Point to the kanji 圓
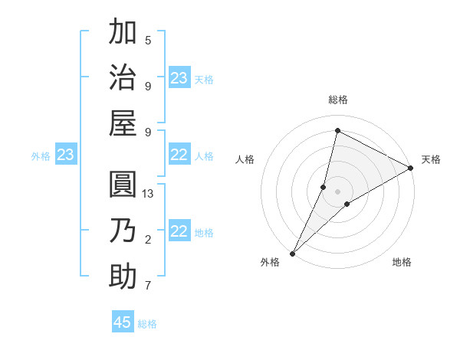123,186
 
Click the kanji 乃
123,231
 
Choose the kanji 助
123,276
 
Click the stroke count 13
148,194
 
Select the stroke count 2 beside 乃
148,240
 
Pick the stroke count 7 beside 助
148,286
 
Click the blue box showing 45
123,322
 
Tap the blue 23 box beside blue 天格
179,78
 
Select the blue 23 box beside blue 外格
65,155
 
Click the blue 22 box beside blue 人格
179,155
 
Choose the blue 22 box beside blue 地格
179,231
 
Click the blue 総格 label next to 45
147,324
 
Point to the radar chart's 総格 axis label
338,100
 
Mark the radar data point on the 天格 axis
410,169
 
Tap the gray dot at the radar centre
338,191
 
